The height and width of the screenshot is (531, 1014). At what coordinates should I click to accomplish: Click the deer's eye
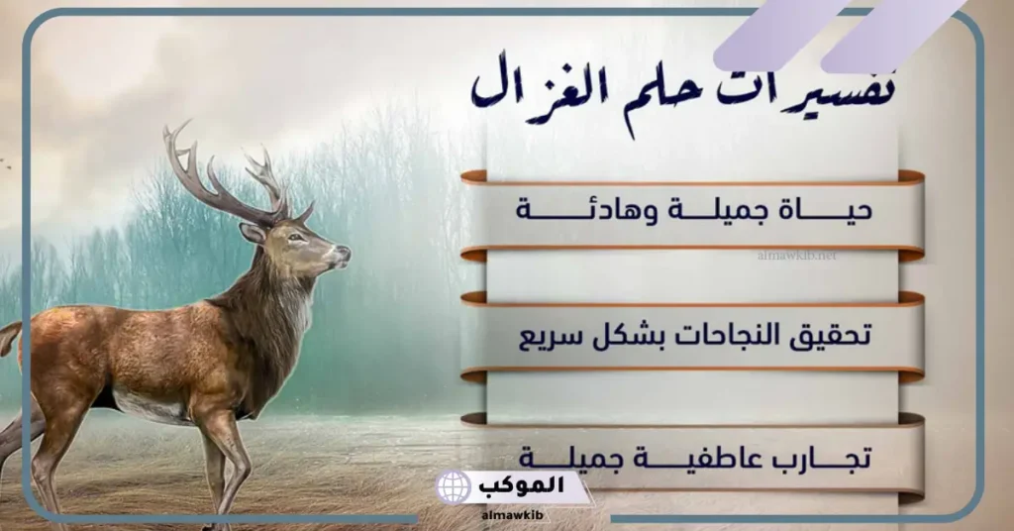pos(295,237)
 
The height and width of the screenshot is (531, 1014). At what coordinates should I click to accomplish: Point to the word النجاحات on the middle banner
pos(711,337)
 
